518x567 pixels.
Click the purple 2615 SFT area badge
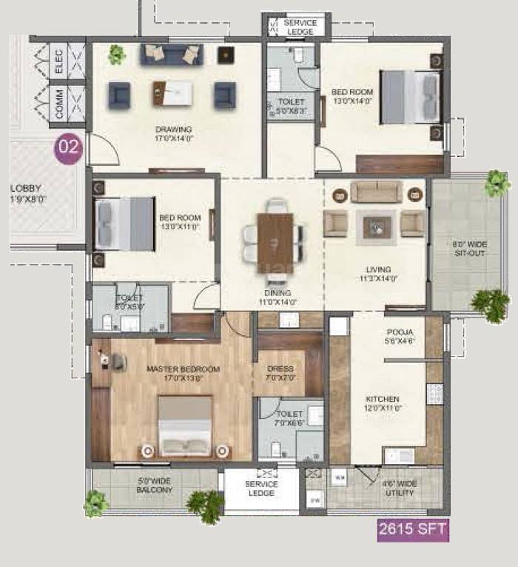(x=413, y=530)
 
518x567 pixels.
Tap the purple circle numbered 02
(x=69, y=147)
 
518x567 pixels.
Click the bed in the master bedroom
(x=185, y=427)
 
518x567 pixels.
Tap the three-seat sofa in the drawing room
(x=172, y=54)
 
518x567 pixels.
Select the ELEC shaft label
(x=58, y=61)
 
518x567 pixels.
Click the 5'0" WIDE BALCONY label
(x=155, y=485)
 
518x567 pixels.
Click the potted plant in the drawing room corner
(x=115, y=54)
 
